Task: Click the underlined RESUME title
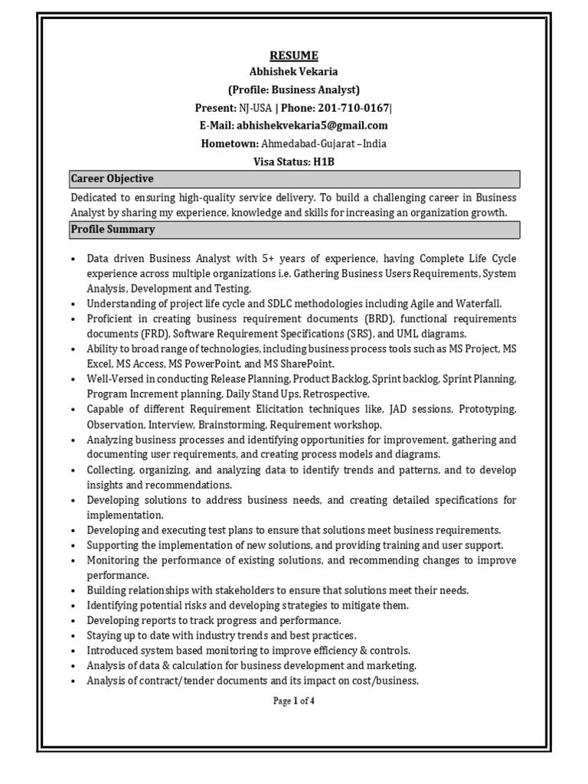(294, 56)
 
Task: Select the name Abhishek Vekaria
(294, 73)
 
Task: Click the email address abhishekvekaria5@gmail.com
(312, 126)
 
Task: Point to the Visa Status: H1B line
(294, 162)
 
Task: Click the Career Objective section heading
(113, 179)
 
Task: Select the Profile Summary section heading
(113, 230)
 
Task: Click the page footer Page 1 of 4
(294, 701)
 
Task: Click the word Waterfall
(478, 304)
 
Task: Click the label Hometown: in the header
(229, 143)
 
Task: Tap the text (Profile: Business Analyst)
(294, 90)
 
